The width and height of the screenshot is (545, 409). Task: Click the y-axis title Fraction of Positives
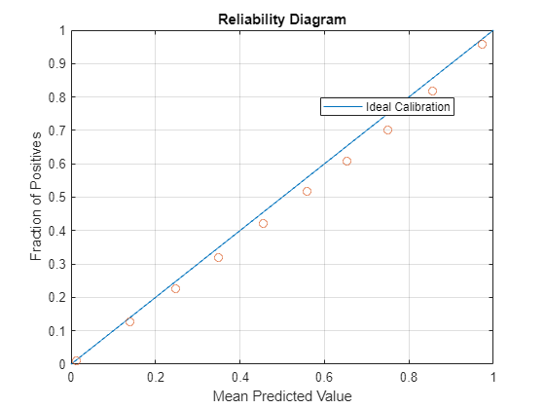tap(37, 198)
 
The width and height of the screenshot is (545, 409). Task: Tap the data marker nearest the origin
tap(76, 361)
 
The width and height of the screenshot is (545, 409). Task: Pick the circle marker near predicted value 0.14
tap(129, 321)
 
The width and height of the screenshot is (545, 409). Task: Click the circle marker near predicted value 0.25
tap(175, 288)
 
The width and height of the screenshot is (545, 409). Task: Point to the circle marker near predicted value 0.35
tap(218, 257)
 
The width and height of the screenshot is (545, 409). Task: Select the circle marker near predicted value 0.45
tap(263, 223)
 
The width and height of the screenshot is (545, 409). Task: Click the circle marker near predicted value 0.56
tap(307, 191)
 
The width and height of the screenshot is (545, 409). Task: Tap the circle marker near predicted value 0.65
tap(346, 161)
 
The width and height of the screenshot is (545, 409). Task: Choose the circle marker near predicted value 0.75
tap(387, 130)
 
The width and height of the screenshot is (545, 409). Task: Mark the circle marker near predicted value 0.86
tap(432, 91)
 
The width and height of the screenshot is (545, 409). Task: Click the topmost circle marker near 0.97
tap(482, 44)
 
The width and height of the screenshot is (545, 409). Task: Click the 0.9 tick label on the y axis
tap(59, 64)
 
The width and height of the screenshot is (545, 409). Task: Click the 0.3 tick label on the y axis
tap(59, 264)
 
